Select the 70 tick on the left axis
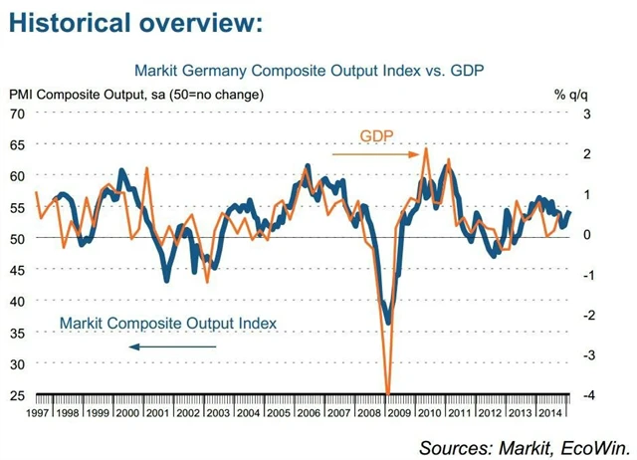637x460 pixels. tap(17, 113)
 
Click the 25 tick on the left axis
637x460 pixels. tap(17, 395)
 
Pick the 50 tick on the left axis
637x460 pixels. tap(17, 238)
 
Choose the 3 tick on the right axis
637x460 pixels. tap(588, 113)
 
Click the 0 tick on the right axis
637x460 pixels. tap(588, 234)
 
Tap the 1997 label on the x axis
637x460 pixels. tap(37, 411)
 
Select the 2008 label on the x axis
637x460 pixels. tap(370, 411)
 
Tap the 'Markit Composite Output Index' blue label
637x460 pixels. tap(167, 323)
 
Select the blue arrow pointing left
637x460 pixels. tap(178, 345)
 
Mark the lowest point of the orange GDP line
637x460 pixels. tap(387, 393)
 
